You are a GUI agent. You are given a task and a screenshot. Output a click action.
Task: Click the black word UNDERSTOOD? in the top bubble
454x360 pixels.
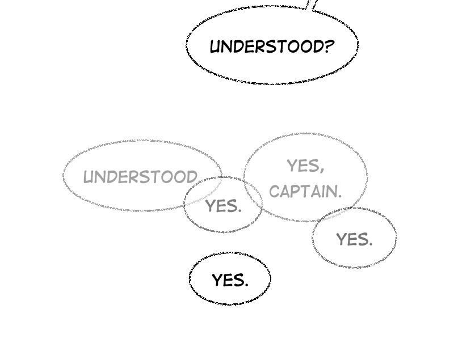point(272,46)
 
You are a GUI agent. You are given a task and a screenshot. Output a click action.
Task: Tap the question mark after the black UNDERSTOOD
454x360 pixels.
point(329,46)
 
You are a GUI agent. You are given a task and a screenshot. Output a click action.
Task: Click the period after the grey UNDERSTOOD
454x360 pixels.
point(197,182)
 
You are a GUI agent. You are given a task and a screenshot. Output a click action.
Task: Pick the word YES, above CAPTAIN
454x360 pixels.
point(305,166)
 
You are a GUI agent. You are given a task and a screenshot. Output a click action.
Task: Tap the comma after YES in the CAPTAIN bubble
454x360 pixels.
point(321,170)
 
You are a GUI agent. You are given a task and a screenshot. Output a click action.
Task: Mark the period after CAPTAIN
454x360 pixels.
point(340,196)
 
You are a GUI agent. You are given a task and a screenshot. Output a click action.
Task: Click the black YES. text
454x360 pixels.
point(230,280)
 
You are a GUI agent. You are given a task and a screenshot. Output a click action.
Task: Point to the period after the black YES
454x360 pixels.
point(246,285)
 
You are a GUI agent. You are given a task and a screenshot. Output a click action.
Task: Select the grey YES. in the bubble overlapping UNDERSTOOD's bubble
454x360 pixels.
point(223,206)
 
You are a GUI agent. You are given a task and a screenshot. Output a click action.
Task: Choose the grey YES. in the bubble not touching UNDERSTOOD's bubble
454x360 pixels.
point(354,239)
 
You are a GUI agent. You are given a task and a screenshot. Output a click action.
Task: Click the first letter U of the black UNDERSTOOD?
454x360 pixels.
point(216,47)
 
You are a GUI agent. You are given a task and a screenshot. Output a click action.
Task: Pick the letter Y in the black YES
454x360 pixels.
point(218,280)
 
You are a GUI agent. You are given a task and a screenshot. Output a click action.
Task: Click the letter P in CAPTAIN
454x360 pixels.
point(299,192)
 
